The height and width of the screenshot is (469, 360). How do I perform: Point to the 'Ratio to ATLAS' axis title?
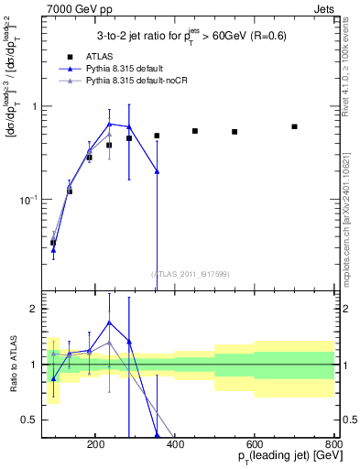pyautogui.click(x=15, y=365)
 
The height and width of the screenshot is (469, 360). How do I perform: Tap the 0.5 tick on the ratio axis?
pyautogui.click(x=52, y=420)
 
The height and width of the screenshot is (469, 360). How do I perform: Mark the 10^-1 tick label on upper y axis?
pyautogui.click(x=50, y=199)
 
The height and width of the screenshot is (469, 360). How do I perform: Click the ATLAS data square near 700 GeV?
pyautogui.click(x=294, y=126)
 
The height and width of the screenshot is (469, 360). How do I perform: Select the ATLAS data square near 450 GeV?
pyautogui.click(x=195, y=131)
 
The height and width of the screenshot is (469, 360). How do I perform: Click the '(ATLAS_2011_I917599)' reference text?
pyautogui.click(x=190, y=273)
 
